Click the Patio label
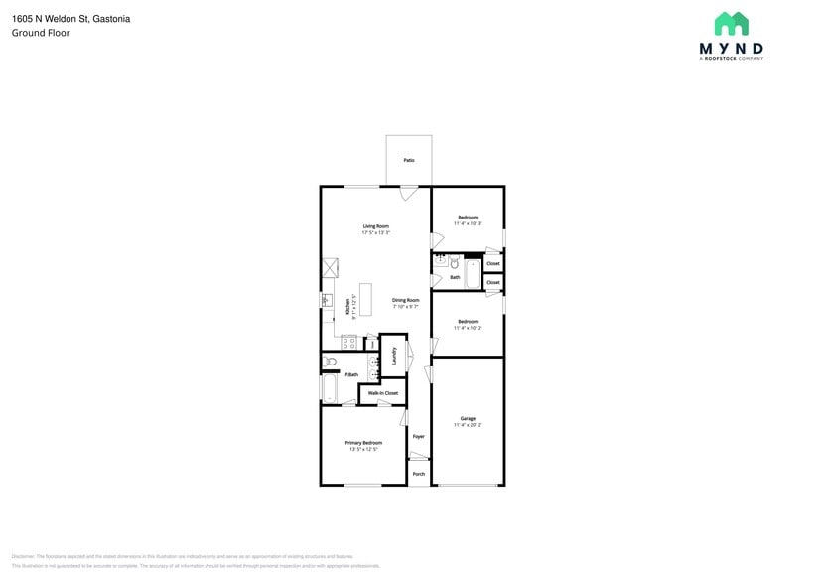pyautogui.click(x=408, y=160)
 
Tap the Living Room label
pyautogui.click(x=375, y=226)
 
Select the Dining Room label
pyautogui.click(x=405, y=300)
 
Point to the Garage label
pyautogui.click(x=467, y=418)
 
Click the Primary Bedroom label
pyautogui.click(x=363, y=443)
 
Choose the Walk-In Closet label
pyautogui.click(x=382, y=393)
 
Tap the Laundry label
pyautogui.click(x=394, y=356)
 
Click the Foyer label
pyautogui.click(x=418, y=436)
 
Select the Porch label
pyautogui.click(x=418, y=474)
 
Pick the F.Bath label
pyautogui.click(x=351, y=374)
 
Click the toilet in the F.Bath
pyautogui.click(x=332, y=363)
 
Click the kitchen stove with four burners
pyautogui.click(x=349, y=341)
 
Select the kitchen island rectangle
pyautogui.click(x=365, y=299)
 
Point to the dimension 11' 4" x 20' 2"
pyautogui.click(x=467, y=425)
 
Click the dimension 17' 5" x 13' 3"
pyautogui.click(x=375, y=233)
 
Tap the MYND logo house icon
pyautogui.click(x=731, y=25)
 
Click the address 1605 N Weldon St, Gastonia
pyautogui.click(x=70, y=19)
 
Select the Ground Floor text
pyautogui.click(x=41, y=33)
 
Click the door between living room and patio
pyautogui.click(x=408, y=193)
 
